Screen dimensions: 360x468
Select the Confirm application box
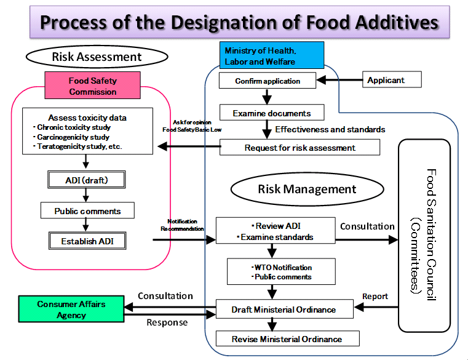268,81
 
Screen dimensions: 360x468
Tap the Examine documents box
272,113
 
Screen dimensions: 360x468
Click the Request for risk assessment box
299,148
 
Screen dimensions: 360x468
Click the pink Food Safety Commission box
93,86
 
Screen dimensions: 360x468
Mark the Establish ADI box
87,241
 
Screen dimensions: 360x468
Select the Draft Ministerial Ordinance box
284,309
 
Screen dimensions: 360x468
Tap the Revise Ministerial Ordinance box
287,339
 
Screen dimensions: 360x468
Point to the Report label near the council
375,296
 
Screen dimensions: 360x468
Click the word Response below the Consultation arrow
167,322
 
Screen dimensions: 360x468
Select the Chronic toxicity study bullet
73,127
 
